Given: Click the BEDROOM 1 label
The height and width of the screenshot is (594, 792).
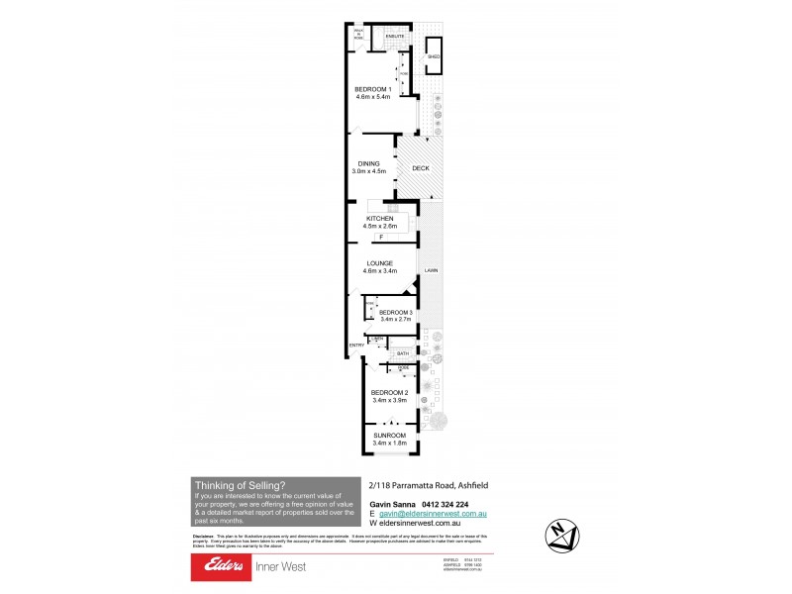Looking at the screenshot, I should pyautogui.click(x=373, y=90).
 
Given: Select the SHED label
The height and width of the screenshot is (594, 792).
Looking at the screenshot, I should pyautogui.click(x=434, y=58).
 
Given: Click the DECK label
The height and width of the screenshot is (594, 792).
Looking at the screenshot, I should pyautogui.click(x=421, y=168).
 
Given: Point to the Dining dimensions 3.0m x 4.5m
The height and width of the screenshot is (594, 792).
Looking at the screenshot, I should pyautogui.click(x=368, y=172).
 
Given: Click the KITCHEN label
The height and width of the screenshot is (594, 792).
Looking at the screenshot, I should pyautogui.click(x=380, y=219).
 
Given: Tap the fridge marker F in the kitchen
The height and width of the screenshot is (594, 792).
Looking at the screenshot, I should pyautogui.click(x=380, y=238).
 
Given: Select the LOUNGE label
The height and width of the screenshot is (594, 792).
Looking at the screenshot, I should pyautogui.click(x=380, y=263).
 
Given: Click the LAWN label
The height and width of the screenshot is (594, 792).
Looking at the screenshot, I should pyautogui.click(x=431, y=269).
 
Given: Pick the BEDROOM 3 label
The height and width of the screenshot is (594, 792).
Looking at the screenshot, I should pyautogui.click(x=396, y=313).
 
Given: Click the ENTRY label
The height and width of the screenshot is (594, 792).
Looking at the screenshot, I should pyautogui.click(x=354, y=345).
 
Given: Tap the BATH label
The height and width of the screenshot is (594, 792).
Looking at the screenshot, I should pyautogui.click(x=403, y=353).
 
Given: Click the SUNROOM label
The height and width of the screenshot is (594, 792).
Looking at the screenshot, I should pyautogui.click(x=389, y=435).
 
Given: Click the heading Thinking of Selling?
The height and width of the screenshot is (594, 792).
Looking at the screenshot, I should pyautogui.click(x=240, y=484).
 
